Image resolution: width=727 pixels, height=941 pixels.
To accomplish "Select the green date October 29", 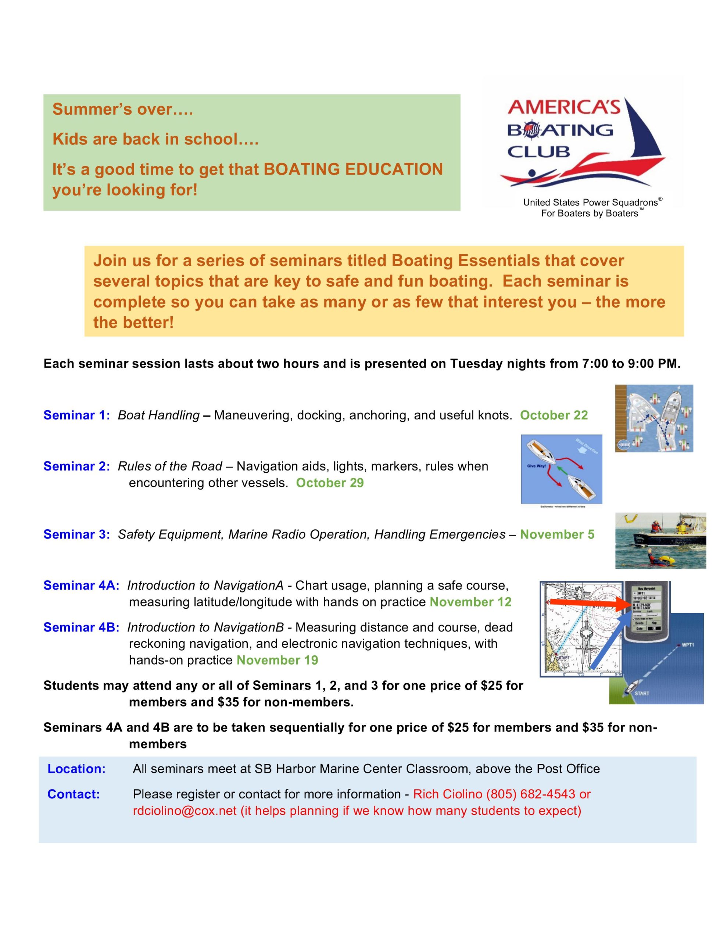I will [330, 483].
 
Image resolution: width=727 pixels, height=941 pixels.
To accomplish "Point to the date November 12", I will [470, 602].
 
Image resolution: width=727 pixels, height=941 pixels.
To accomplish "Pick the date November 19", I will [277, 660].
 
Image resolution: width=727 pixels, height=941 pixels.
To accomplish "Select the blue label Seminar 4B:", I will [81, 627].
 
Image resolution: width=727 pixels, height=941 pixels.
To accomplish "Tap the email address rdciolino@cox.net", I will [185, 811].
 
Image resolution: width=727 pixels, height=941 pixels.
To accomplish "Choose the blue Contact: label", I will [73, 794].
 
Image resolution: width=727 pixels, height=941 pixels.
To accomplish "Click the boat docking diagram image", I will [654, 418].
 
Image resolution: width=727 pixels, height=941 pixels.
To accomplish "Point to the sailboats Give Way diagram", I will [561, 469].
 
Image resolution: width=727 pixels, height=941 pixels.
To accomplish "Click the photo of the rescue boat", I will [660, 540].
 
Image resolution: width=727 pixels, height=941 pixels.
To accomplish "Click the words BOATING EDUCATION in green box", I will [353, 169].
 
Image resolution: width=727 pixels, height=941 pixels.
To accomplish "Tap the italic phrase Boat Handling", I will [158, 415].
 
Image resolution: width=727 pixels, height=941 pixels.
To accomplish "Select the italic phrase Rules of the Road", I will [170, 466].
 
